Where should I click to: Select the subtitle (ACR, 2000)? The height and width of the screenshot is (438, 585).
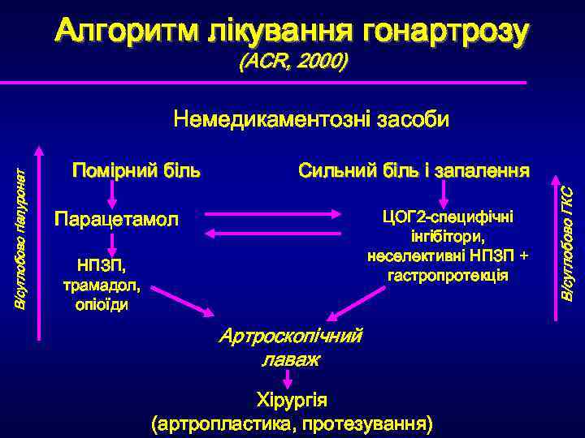[292, 62]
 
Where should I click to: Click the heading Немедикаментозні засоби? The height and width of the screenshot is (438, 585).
[311, 120]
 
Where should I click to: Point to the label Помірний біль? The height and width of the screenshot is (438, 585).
[136, 171]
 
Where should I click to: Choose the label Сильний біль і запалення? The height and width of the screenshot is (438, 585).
[414, 171]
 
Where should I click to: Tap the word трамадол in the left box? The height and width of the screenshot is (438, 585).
[102, 286]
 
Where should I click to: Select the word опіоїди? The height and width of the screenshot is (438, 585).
[102, 305]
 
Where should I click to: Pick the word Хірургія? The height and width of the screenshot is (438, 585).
[292, 401]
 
